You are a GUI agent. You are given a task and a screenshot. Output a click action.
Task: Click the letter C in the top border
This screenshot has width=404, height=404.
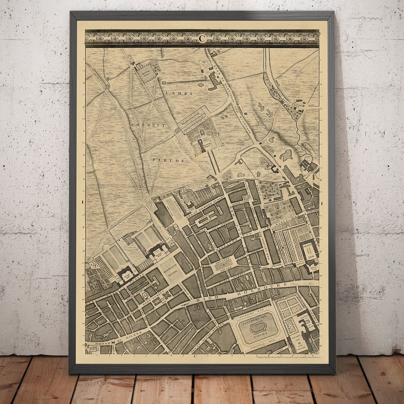coord(202,38)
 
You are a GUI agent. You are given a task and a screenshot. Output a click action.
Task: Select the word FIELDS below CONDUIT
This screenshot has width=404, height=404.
coord(174,160)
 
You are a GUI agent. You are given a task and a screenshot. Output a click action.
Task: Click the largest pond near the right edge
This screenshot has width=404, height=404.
coord(285,155)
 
